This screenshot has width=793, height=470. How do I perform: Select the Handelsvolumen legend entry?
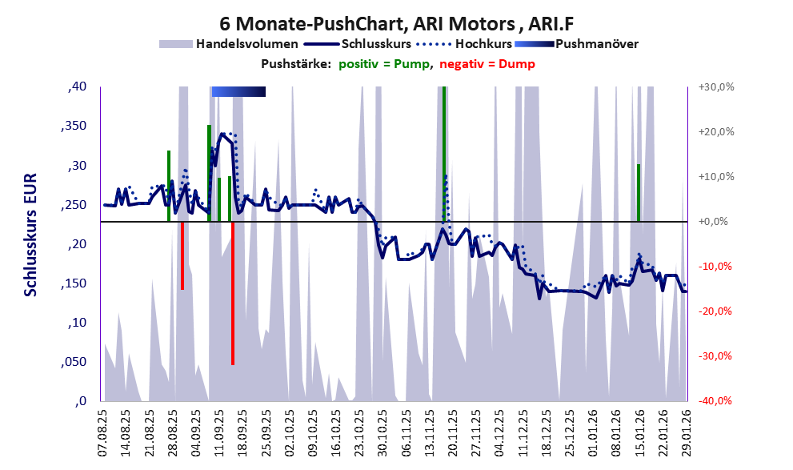click(x=230, y=44)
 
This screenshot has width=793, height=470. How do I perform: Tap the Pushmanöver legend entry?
click(x=576, y=44)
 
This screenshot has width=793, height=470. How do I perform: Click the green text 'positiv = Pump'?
click(x=383, y=64)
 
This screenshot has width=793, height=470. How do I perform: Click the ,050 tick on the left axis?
click(x=74, y=362)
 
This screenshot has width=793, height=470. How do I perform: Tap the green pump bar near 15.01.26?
click(x=638, y=192)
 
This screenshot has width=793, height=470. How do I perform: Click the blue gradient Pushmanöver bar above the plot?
click(x=238, y=92)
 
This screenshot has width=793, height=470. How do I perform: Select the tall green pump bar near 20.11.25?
click(x=444, y=152)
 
